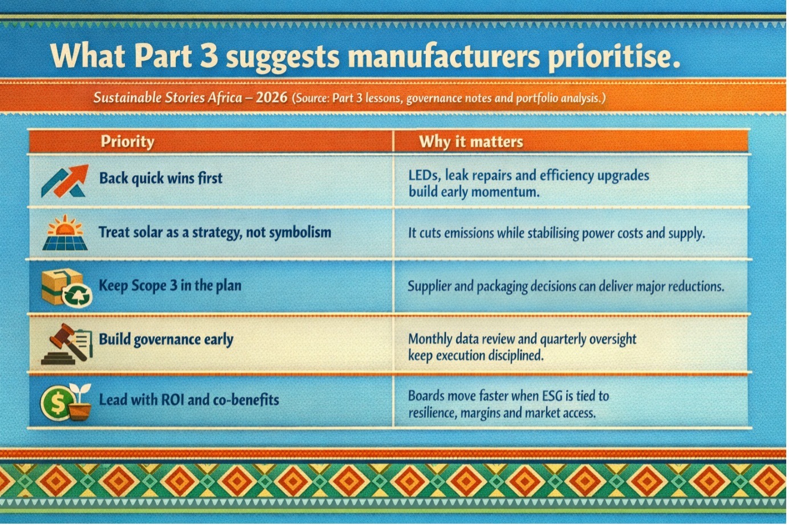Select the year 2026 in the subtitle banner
tap(271, 97)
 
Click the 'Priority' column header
tap(128, 141)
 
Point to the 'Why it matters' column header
tap(471, 141)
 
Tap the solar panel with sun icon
tap(65, 232)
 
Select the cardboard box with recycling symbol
tap(67, 287)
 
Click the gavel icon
tap(67, 343)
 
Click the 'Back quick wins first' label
tap(161, 178)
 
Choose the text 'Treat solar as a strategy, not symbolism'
tap(215, 232)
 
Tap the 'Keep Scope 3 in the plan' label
tap(170, 285)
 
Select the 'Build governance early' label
tap(166, 339)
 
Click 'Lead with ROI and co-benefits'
tap(189, 400)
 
